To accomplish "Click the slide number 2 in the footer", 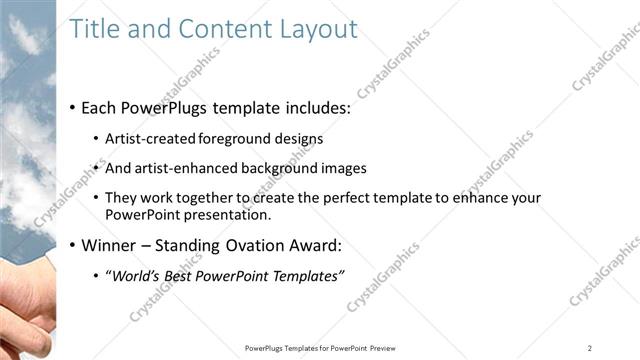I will click(590, 347).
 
